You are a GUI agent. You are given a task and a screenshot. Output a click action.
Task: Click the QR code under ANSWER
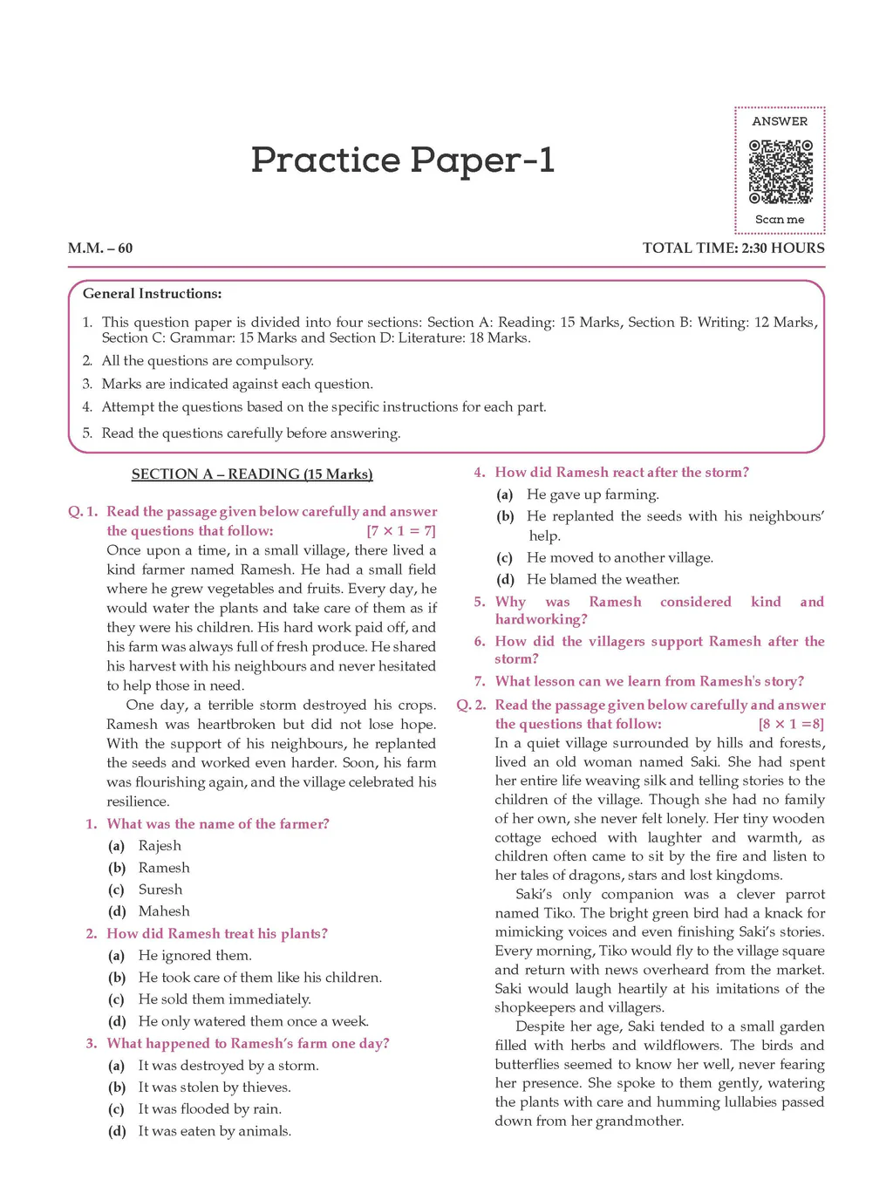coord(781,171)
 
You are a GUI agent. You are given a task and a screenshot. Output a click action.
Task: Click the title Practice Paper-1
coord(403,160)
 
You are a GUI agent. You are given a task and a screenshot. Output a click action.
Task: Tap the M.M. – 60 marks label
coord(100,248)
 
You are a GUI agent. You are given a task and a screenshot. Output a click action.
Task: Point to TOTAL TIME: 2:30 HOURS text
coord(733,248)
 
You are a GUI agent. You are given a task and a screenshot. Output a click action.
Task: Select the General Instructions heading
coord(153,294)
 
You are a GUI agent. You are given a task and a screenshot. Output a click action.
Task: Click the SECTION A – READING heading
coord(252,474)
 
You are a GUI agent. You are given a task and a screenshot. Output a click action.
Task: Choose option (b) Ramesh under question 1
coord(163,868)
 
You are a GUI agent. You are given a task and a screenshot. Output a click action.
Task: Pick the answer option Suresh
coord(160,890)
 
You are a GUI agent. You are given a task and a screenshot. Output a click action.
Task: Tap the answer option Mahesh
coord(163,911)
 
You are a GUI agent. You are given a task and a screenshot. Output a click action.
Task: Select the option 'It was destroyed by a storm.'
coord(228,1066)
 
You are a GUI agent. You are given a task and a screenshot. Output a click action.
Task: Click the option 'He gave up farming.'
coord(593,494)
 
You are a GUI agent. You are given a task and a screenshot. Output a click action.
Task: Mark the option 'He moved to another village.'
coord(620,558)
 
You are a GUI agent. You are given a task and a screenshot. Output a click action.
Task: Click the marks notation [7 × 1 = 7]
coord(401,531)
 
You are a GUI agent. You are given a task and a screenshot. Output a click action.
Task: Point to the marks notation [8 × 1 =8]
coord(790,724)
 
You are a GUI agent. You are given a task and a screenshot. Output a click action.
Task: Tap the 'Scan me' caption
coord(780,220)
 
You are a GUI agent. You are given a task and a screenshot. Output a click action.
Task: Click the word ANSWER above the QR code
coord(780,121)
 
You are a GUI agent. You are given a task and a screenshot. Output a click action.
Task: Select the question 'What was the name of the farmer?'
coord(218,824)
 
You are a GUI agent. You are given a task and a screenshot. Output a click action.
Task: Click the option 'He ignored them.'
coord(194,956)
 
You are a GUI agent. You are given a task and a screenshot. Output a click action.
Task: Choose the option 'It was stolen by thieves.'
coord(215,1087)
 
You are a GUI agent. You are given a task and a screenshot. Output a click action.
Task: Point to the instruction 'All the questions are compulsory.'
coord(208,361)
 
